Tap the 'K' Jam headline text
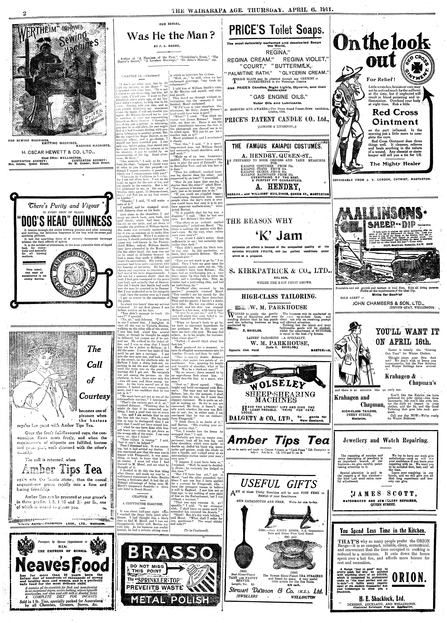(x=277, y=236)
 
